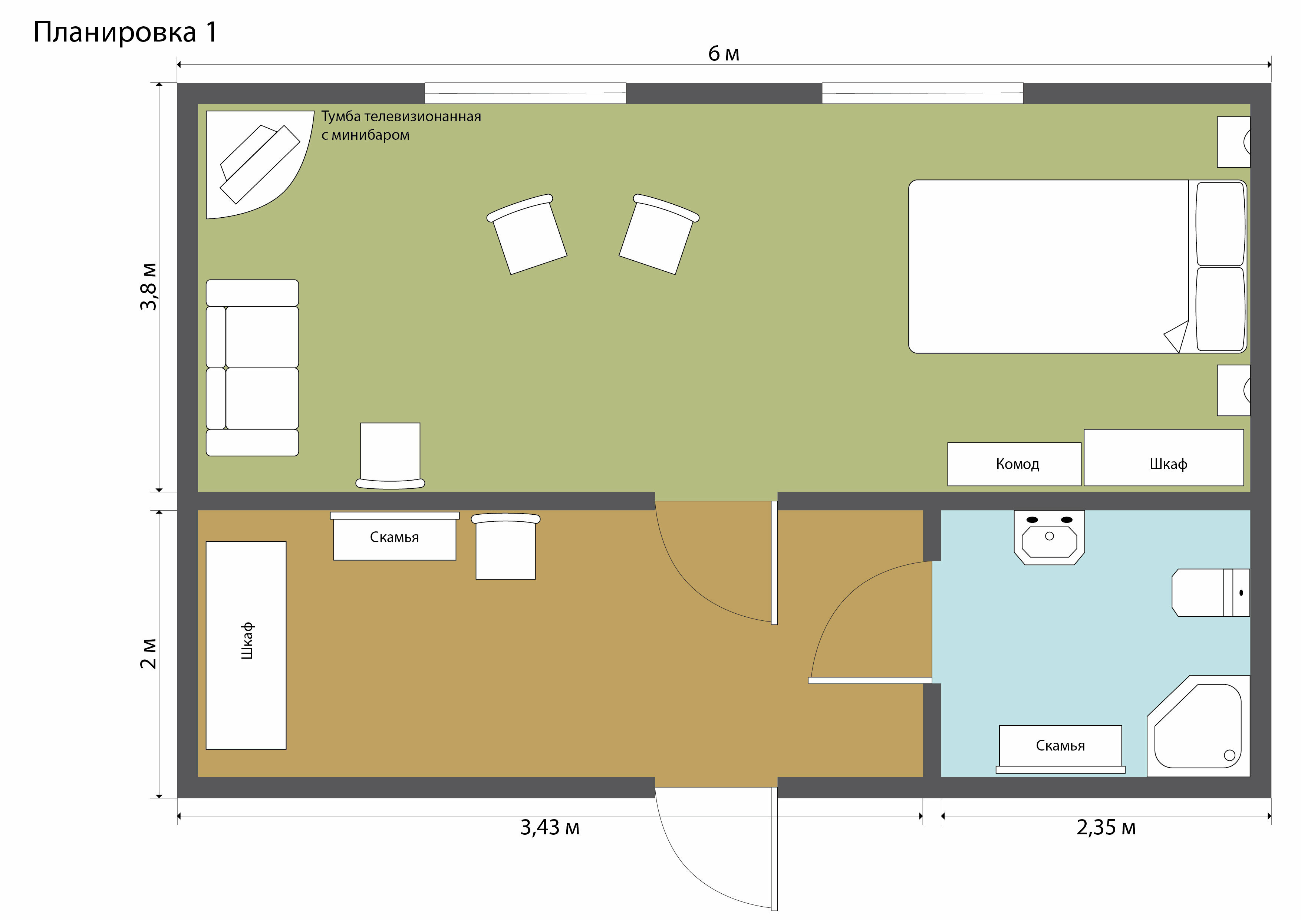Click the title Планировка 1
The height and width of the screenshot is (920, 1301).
125,32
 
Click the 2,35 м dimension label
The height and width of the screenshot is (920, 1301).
1106,828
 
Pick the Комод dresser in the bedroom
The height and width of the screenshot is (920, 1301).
1014,464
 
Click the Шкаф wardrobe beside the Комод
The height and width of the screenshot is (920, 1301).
1164,457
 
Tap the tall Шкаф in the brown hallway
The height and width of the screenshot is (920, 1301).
246,645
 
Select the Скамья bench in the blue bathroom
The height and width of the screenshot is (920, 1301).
1060,749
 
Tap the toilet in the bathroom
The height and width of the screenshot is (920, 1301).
1211,593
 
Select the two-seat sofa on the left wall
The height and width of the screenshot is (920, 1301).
252,367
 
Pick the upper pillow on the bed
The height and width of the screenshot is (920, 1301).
1221,224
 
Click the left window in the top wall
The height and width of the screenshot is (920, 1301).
525,93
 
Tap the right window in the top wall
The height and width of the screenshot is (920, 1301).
922,93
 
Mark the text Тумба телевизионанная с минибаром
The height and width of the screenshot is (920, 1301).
401,126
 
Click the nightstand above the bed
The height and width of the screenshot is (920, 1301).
1234,142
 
